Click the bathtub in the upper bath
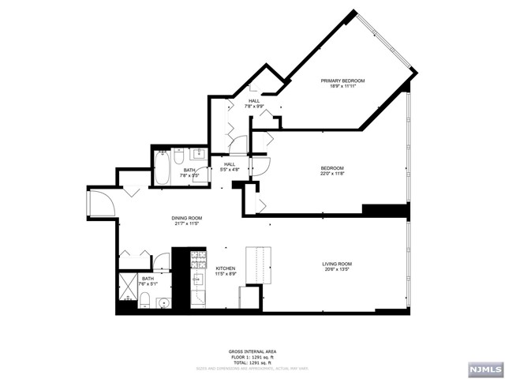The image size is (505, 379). [x=163, y=167]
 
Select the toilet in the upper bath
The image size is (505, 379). [x=178, y=157]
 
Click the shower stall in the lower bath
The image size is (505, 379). [x=129, y=287]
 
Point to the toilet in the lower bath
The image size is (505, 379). [x=146, y=298]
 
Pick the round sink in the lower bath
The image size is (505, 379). [x=163, y=302]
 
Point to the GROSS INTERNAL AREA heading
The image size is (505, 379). [x=252, y=351]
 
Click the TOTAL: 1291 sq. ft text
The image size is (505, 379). [x=252, y=361]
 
